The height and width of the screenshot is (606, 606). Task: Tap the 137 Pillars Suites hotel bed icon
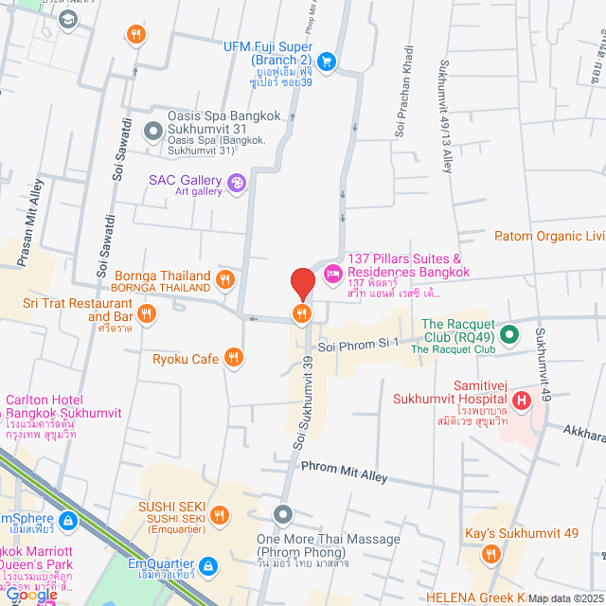332,275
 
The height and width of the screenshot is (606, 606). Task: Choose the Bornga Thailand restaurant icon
224,278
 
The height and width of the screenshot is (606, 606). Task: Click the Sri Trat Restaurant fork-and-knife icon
146,312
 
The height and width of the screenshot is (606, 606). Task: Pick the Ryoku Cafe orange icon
234,358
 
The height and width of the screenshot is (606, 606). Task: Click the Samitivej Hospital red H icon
520,402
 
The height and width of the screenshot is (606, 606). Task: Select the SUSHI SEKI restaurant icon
220,515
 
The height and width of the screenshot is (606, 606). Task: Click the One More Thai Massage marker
283,515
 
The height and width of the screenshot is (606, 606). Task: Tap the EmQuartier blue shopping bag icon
209,566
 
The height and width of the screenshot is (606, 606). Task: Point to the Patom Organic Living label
549,236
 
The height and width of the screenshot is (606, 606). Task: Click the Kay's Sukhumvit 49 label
521,534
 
